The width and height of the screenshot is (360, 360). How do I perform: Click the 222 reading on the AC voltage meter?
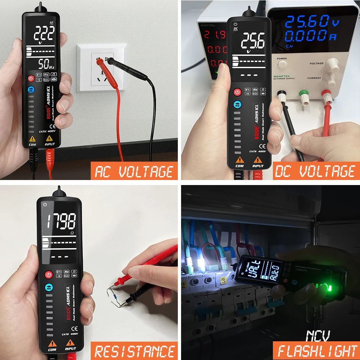click(x=44, y=34)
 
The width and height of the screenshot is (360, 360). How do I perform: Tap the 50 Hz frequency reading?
click(x=46, y=64)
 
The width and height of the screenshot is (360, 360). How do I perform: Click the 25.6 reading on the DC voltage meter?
click(x=253, y=41)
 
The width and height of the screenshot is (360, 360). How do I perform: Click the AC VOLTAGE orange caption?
click(x=134, y=171)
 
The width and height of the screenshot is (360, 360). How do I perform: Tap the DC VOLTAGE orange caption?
click(x=315, y=171)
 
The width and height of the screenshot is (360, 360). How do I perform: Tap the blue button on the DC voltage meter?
click(x=237, y=105)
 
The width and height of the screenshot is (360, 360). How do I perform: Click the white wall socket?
click(x=102, y=67)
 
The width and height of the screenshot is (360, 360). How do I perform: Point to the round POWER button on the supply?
click(x=282, y=64)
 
